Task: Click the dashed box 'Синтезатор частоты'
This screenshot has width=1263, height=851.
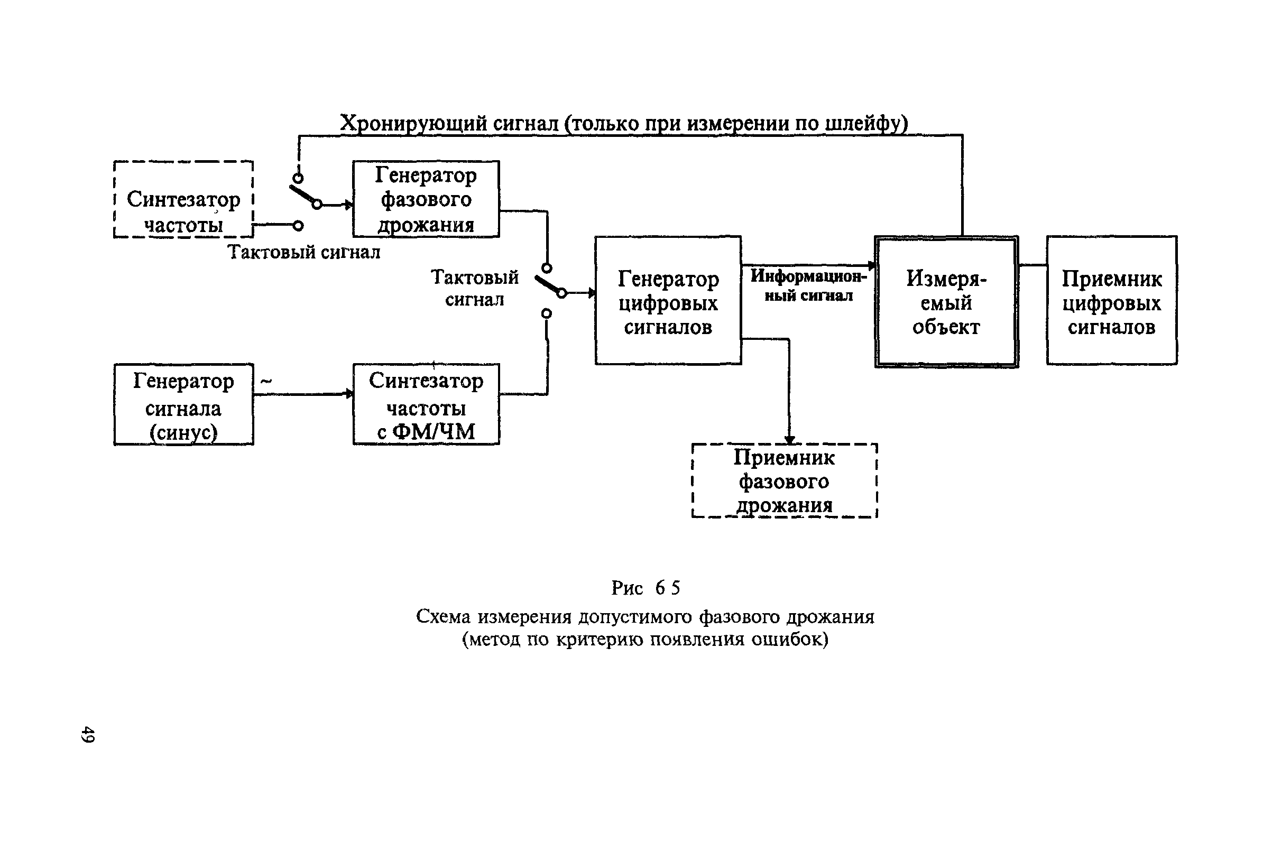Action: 114,199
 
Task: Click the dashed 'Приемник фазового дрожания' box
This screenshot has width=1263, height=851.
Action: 693,481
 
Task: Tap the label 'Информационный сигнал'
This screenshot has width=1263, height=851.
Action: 809,285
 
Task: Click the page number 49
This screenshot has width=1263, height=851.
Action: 87,734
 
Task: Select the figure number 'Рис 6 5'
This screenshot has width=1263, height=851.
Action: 646,588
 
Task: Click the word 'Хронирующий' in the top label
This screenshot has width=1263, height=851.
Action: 413,123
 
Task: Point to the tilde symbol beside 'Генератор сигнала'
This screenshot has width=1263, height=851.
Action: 266,382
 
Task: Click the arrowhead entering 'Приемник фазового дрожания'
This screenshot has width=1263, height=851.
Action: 790,440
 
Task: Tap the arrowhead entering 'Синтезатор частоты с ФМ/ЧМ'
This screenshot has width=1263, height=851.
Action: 349,394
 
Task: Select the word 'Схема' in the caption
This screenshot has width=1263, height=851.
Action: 443,616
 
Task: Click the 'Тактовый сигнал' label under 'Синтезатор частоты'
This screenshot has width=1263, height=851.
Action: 303,252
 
